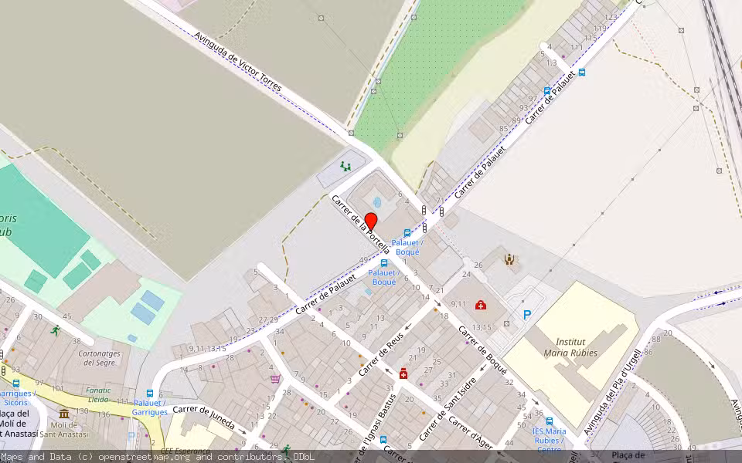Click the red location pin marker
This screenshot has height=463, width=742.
[370, 222]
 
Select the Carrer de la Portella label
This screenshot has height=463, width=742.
[361, 225]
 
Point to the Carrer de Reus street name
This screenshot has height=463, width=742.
[383, 357]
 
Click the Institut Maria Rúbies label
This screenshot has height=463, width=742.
[570, 347]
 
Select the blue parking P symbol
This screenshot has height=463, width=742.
[528, 315]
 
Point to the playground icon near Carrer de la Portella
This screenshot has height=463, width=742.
[345, 166]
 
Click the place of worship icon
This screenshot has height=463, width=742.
[509, 259]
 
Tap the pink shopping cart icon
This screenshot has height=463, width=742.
[275, 379]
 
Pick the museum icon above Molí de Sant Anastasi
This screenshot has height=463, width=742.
[63, 414]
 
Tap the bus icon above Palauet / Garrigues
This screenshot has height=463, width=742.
[150, 393]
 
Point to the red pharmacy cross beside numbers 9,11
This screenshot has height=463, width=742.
[481, 305]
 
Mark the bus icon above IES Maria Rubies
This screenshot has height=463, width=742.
[549, 421]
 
